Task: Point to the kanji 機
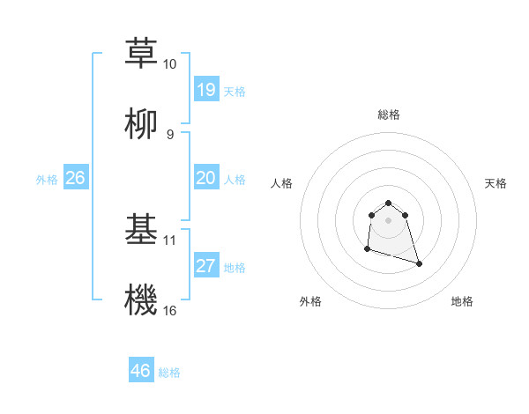(142, 299)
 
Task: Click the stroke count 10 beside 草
(169, 64)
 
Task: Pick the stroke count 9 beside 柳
(169, 134)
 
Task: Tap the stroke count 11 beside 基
(170, 240)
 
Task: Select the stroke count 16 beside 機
(170, 310)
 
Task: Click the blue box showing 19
(206, 90)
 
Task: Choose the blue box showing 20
(206, 178)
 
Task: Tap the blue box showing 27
(206, 266)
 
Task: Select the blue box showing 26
(76, 178)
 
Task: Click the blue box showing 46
(141, 371)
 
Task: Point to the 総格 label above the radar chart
(389, 115)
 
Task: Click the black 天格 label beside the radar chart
(496, 183)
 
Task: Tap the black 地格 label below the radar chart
(462, 301)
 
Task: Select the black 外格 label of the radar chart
(310, 301)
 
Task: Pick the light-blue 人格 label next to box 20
(235, 180)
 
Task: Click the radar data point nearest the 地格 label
(419, 263)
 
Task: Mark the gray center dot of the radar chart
(389, 219)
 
